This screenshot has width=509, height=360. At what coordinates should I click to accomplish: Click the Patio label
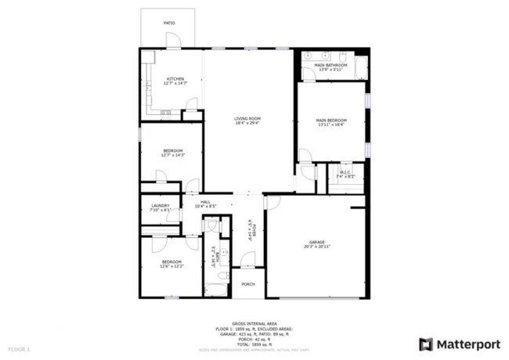click(x=169, y=23)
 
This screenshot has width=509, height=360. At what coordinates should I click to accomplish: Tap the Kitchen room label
click(x=175, y=79)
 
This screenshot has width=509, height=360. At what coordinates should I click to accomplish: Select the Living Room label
click(x=247, y=118)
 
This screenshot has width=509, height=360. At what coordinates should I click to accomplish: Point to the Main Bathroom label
click(x=330, y=65)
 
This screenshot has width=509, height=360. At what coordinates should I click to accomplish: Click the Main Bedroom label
click(x=331, y=120)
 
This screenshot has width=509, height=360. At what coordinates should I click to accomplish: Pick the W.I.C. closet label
click(x=345, y=173)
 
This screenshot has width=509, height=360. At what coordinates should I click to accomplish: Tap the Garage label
click(x=316, y=243)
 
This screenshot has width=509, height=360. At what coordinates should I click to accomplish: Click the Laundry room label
click(x=160, y=205)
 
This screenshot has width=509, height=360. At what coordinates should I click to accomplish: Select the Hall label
click(x=205, y=202)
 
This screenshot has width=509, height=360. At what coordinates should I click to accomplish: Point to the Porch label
click(x=247, y=284)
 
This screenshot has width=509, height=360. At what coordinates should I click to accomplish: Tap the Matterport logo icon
click(x=425, y=344)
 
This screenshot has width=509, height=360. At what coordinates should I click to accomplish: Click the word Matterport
click(x=465, y=344)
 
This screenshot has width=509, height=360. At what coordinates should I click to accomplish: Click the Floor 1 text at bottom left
click(x=20, y=348)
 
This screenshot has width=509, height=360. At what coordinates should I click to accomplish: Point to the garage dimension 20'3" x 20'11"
click(x=316, y=247)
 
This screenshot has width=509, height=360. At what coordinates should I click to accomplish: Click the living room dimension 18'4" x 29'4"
click(x=247, y=123)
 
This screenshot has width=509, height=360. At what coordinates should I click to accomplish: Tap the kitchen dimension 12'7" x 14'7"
click(x=175, y=84)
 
